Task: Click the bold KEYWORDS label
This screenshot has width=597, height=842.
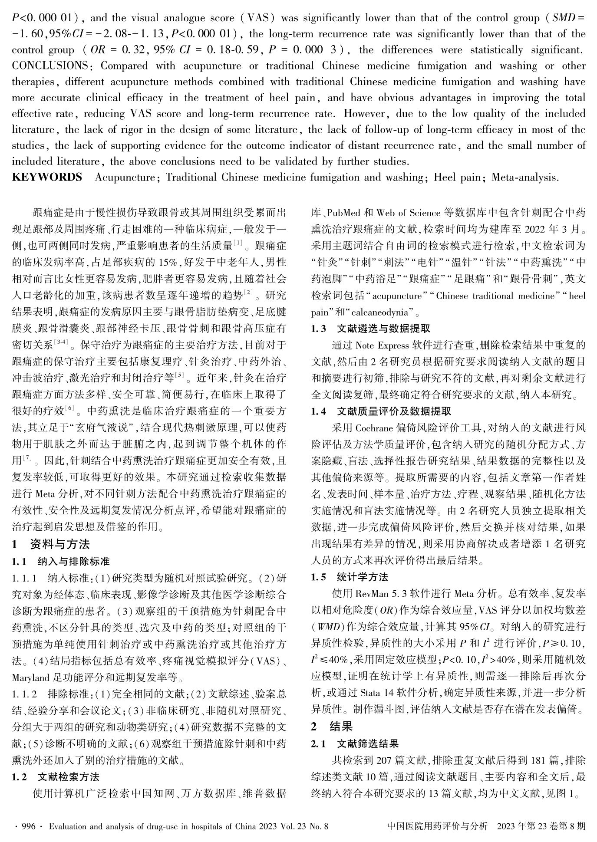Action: [x=47, y=177]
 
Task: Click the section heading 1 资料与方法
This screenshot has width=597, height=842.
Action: [x=51, y=544]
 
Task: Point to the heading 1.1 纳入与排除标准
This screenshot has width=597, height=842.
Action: [x=61, y=562]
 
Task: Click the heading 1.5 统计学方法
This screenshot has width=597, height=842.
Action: [x=350, y=577]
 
